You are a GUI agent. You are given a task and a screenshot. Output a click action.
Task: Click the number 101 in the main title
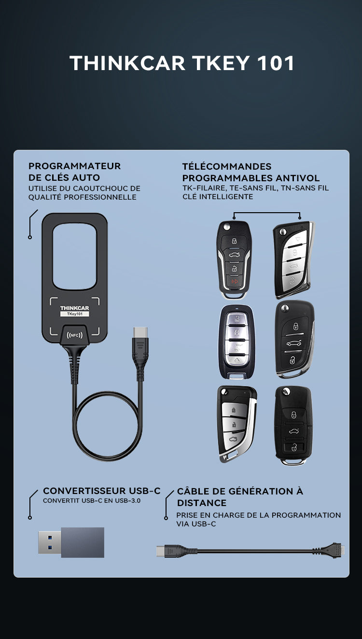pyautogui.click(x=276, y=63)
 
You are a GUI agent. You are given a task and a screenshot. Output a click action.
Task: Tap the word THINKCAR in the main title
pyautogui.click(x=127, y=63)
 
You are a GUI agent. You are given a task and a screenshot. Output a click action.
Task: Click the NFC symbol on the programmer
pyautogui.click(x=74, y=335)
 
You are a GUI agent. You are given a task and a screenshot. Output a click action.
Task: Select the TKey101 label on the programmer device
pyautogui.click(x=75, y=314)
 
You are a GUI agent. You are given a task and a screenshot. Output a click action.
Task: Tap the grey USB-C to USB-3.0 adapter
pyautogui.click(x=71, y=542)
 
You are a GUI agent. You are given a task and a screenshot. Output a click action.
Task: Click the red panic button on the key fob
pyautogui.click(x=235, y=282)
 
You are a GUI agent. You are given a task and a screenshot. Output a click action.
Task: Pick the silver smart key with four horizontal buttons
pyautogui.click(x=237, y=342)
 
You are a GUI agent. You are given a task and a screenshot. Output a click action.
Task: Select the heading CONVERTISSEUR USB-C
pyautogui.click(x=102, y=491)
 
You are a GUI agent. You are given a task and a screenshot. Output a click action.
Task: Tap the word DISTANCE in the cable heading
pyautogui.click(x=202, y=503)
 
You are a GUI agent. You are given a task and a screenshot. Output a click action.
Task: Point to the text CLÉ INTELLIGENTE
pyautogui.click(x=218, y=197)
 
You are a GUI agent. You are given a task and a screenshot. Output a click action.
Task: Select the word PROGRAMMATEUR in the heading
pyautogui.click(x=75, y=166)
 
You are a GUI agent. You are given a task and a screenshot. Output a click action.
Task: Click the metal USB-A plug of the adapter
pyautogui.click(x=50, y=542)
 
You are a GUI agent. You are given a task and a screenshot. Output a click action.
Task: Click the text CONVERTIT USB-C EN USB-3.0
pyautogui.click(x=92, y=501)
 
